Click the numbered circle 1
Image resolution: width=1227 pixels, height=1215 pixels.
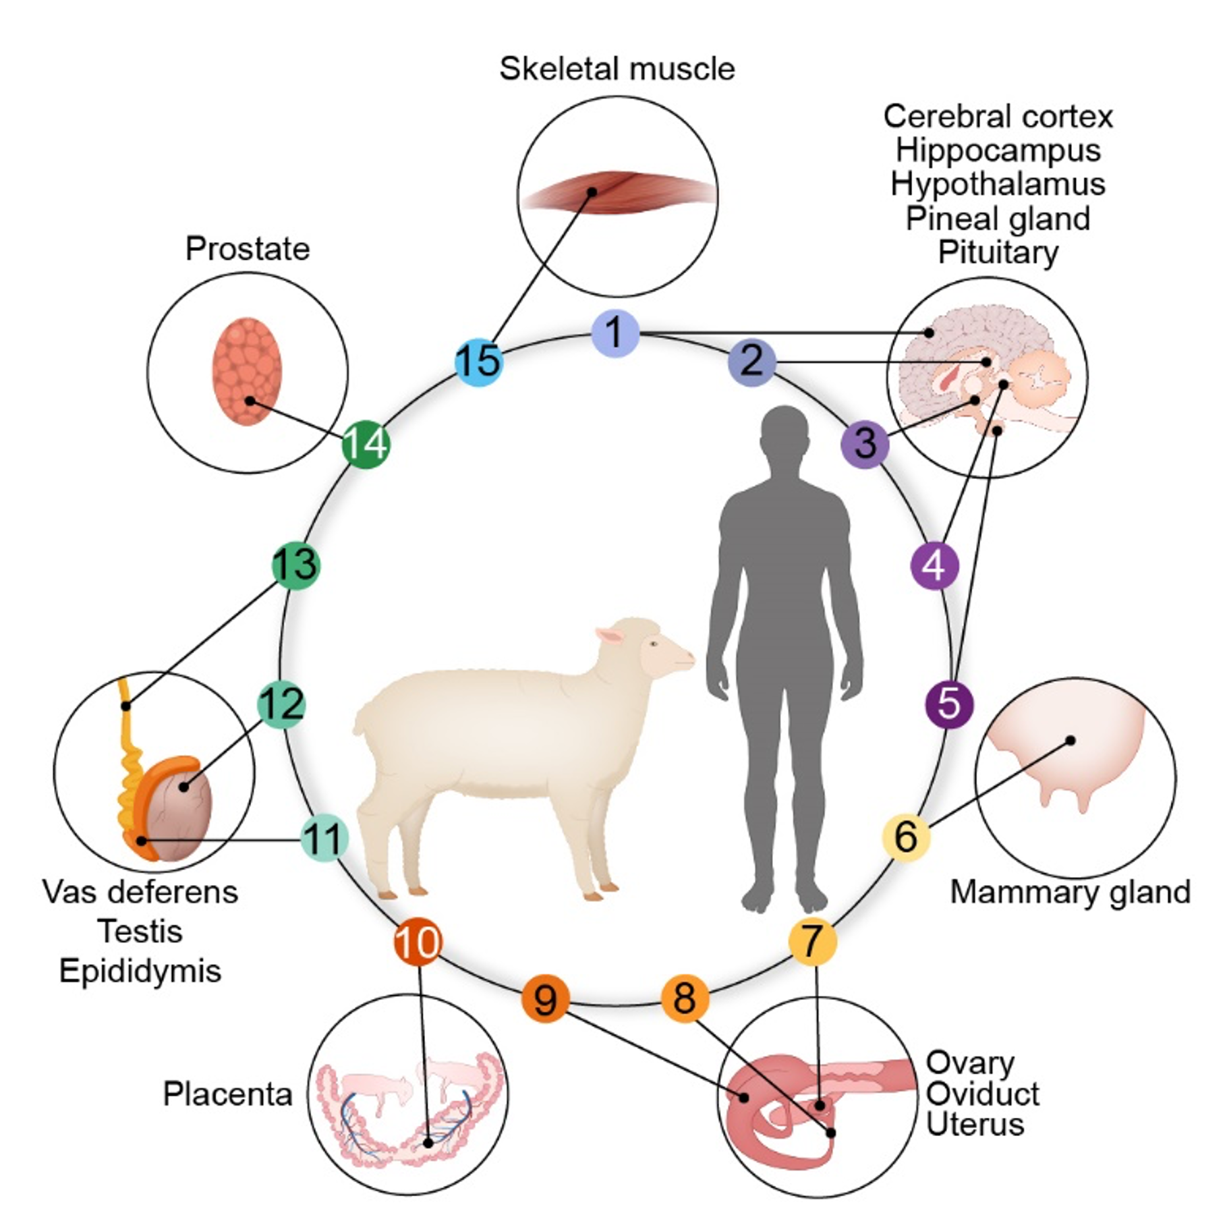click(x=615, y=333)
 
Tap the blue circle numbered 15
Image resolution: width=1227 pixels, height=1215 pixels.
click(x=478, y=362)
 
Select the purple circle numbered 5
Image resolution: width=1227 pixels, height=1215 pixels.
click(x=948, y=704)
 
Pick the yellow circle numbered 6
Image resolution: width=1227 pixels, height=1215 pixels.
click(x=905, y=837)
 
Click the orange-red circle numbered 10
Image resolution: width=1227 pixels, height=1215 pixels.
click(x=418, y=942)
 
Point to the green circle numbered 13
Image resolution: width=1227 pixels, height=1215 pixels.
click(x=295, y=565)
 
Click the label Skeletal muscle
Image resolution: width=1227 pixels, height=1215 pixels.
click(x=617, y=69)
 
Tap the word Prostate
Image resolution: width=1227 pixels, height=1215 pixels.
click(x=248, y=249)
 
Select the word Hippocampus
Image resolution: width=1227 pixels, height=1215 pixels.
click(x=998, y=150)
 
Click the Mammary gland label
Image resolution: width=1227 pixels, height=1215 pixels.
click(x=1070, y=892)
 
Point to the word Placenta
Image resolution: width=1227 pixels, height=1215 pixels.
click(x=227, y=1094)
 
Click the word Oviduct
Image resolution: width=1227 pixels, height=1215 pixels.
click(x=982, y=1094)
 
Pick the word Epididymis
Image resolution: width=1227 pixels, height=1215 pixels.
click(x=140, y=971)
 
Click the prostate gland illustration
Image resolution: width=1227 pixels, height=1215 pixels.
click(x=247, y=371)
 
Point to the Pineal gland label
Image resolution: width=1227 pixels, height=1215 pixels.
click(x=998, y=219)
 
